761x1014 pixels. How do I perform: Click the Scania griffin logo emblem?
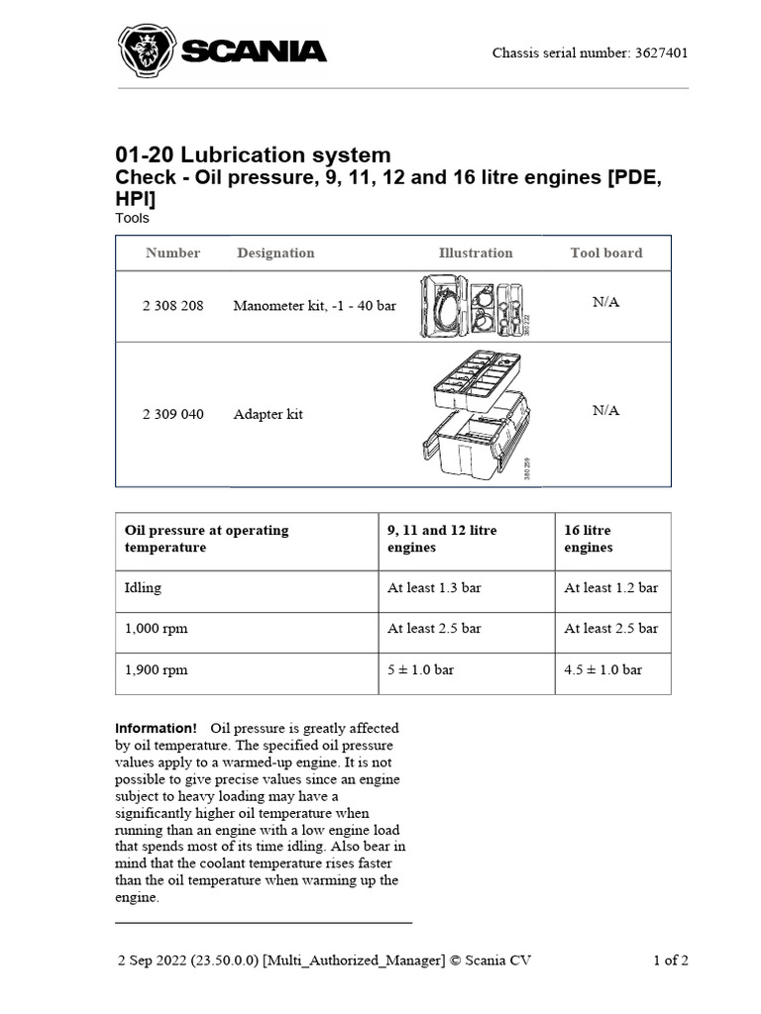coord(147,51)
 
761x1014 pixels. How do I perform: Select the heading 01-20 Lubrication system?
coord(254,155)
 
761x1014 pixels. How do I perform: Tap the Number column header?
coord(172,253)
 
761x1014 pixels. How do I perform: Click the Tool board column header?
coord(605,253)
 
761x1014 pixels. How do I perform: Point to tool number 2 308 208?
coord(173,306)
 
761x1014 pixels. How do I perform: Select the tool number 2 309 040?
coord(173,414)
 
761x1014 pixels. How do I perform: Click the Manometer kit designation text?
coord(314,306)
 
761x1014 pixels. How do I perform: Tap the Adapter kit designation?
coord(268,414)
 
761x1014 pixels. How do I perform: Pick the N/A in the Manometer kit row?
coord(605,302)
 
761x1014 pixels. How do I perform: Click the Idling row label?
coord(143,588)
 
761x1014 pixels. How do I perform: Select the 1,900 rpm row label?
coord(156,670)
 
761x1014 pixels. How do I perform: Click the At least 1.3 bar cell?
coord(434,588)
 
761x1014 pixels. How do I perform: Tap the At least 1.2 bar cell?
coord(610,588)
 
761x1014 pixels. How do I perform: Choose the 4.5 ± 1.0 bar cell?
coord(602,670)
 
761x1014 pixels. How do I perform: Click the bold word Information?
coord(157,729)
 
